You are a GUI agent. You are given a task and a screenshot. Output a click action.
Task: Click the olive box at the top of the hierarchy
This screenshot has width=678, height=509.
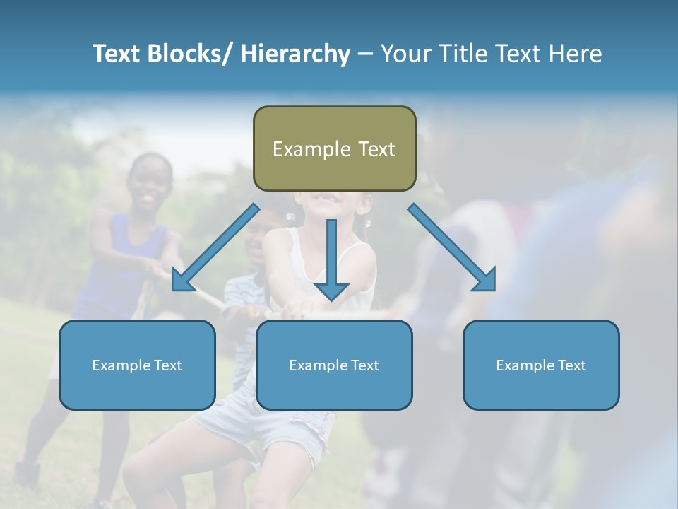pos(334,148)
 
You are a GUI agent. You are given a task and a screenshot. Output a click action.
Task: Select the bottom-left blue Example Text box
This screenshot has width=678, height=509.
pos(137,365)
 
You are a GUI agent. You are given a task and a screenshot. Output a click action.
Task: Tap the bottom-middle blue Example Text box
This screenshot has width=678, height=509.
pos(334,365)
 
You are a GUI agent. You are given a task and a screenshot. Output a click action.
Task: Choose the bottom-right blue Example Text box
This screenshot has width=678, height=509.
pos(541,365)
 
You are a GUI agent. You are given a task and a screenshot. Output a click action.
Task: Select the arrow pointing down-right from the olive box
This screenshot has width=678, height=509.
pos(452,248)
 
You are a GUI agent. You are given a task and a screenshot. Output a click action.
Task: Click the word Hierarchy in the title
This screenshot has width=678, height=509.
pos(295,54)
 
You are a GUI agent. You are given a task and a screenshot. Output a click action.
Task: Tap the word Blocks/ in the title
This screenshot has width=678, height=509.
pos(191,54)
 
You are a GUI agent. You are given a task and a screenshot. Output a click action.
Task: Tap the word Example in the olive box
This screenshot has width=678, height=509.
pos(311,149)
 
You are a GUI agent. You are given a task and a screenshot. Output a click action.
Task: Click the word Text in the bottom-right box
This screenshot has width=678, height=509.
pos(571,365)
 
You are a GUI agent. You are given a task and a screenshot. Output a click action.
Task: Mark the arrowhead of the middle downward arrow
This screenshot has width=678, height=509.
pos(331,290)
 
